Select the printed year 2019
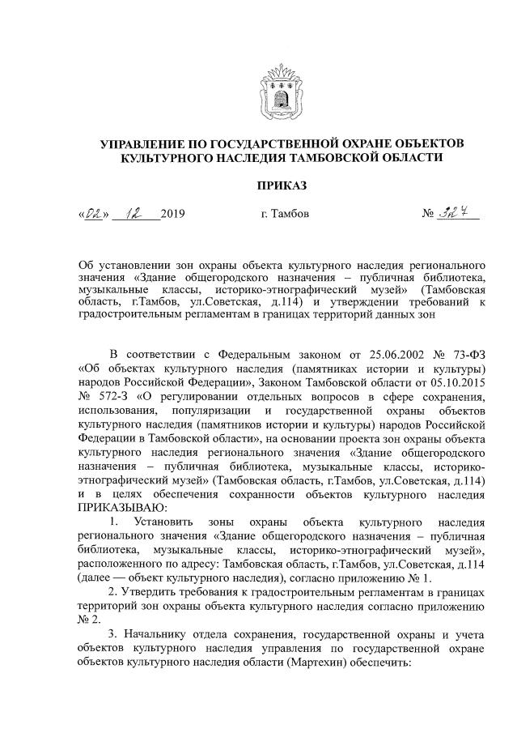pos(173,215)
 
